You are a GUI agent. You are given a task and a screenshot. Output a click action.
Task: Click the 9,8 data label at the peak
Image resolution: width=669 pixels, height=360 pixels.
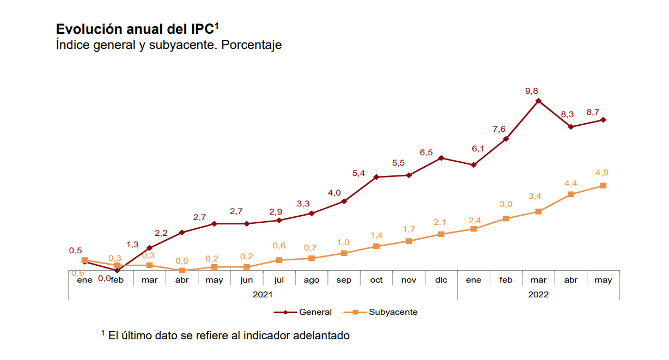pyautogui.click(x=531, y=91)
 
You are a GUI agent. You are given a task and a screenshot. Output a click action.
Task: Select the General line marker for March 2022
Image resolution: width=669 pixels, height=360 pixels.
pyautogui.click(x=538, y=101)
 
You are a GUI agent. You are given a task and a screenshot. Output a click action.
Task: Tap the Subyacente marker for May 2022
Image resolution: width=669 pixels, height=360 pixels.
pyautogui.click(x=603, y=186)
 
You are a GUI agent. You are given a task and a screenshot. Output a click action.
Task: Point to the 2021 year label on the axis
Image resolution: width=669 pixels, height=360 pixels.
pyautogui.click(x=263, y=294)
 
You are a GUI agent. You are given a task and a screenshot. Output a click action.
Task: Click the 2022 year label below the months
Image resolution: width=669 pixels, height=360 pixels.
pyautogui.click(x=538, y=294)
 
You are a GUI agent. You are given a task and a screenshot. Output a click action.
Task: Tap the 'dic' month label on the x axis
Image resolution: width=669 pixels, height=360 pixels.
pyautogui.click(x=441, y=280)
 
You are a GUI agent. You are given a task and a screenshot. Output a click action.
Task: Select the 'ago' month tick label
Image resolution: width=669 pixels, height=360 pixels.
pyautogui.click(x=312, y=280)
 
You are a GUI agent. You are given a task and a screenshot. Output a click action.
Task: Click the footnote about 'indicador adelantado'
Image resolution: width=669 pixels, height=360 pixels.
pyautogui.click(x=228, y=335)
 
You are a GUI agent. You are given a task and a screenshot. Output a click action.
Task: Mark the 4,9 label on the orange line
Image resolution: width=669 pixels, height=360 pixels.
pyautogui.click(x=602, y=173)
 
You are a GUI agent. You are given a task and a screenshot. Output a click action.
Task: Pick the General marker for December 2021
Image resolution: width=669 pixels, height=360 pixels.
pyautogui.click(x=441, y=158)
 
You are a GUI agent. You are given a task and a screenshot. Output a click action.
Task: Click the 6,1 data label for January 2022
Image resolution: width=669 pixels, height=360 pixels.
pyautogui.click(x=478, y=149)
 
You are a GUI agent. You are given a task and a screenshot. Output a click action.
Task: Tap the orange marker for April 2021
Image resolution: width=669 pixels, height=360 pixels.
pyautogui.click(x=182, y=271)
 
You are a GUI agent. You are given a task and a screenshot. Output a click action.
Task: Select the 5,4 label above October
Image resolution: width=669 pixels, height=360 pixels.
pyautogui.click(x=358, y=173)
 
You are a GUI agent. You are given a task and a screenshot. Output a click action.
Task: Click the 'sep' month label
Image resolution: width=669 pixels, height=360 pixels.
pyautogui.click(x=344, y=280)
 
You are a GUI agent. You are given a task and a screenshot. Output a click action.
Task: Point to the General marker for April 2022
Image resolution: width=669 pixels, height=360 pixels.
pyautogui.click(x=571, y=127)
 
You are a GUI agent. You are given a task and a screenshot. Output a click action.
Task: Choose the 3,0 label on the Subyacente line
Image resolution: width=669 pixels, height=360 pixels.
pyautogui.click(x=506, y=204)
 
